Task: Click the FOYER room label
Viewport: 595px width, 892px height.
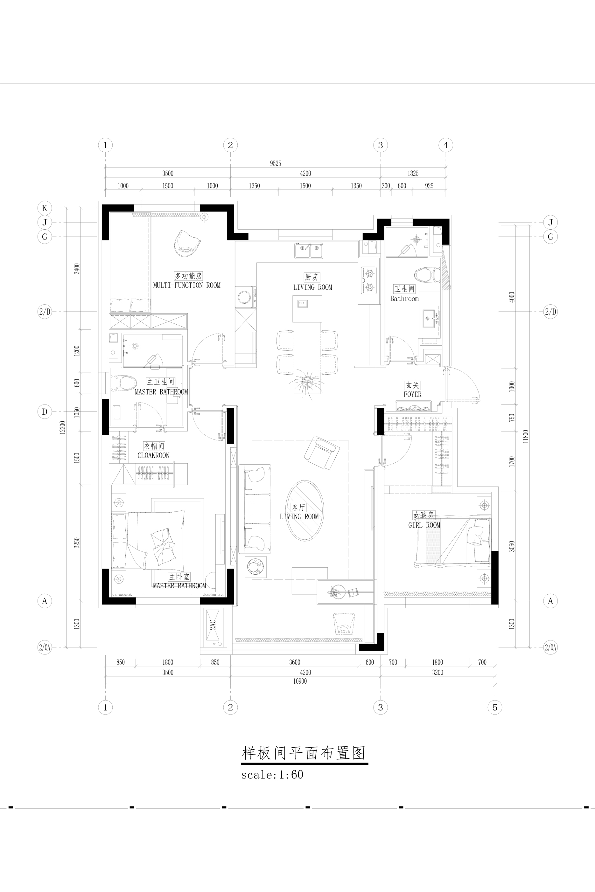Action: [x=412, y=394]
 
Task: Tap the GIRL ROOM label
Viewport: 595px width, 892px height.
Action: [x=424, y=525]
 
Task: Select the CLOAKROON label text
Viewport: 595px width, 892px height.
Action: [x=153, y=455]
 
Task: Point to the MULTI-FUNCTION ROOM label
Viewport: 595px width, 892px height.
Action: [x=187, y=285]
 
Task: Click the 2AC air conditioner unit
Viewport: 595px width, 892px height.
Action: [x=213, y=628]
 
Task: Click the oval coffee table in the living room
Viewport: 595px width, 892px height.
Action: [x=305, y=511]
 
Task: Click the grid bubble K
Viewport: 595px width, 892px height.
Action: [x=45, y=208]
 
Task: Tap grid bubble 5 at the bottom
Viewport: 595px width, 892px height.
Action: [x=495, y=707]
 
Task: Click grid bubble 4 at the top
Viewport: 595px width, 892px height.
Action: [x=446, y=145]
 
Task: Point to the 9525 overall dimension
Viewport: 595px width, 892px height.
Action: [x=276, y=163]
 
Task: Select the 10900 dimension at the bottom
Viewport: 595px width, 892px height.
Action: [x=300, y=681]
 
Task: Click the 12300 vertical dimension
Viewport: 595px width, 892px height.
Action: [x=63, y=427]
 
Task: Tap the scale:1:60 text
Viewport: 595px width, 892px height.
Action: [x=272, y=774]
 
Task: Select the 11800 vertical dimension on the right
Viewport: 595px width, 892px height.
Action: [x=526, y=436]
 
